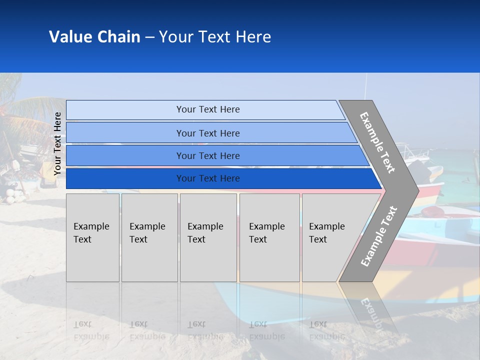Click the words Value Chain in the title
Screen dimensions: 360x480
tap(94, 37)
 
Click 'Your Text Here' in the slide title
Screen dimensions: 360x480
tap(215, 37)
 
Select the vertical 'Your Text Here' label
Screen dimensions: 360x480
tap(57, 144)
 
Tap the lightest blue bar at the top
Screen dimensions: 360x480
tap(207, 109)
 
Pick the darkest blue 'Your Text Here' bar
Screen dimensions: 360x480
tap(207, 178)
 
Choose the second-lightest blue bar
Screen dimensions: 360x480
tap(207, 133)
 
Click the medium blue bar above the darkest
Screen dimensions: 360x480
tap(207, 155)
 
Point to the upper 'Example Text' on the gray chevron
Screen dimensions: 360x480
tap(377, 142)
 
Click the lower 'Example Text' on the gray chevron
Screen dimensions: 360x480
tap(379, 236)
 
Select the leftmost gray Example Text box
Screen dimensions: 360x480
tap(92, 237)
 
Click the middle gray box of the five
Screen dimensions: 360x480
tap(208, 237)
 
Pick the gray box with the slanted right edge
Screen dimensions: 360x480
tap(330, 237)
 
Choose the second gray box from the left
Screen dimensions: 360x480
tap(149, 237)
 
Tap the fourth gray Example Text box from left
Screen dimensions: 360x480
tap(269, 237)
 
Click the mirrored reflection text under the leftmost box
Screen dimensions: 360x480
tap(91, 330)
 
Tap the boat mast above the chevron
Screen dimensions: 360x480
tap(365, 85)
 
